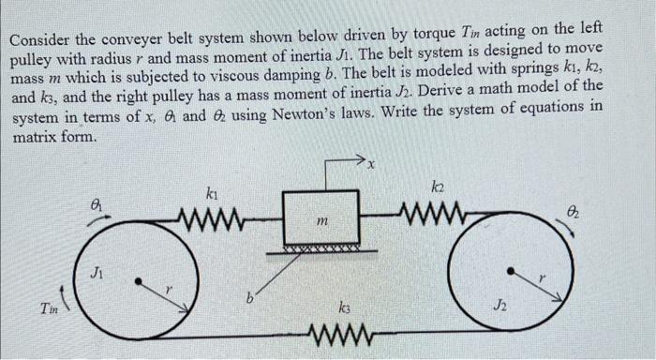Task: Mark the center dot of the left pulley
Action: pos(139,279)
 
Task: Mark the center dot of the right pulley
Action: pos(510,271)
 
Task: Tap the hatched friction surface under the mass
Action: pos(321,250)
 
